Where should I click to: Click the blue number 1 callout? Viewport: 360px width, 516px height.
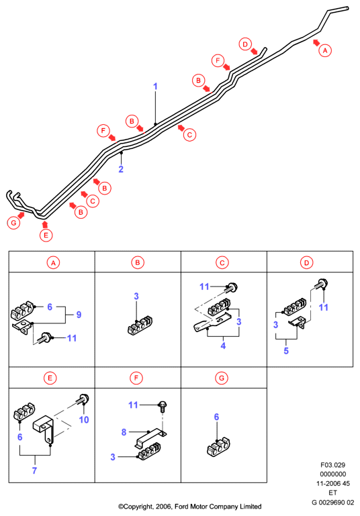[155, 87]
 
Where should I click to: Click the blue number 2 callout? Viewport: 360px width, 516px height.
[121, 169]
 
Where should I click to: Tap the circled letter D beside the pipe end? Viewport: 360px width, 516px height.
[245, 44]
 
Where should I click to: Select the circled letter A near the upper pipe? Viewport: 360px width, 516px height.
[325, 51]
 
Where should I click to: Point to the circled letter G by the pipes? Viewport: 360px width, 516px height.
[13, 223]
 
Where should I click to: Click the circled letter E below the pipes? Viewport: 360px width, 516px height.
[46, 236]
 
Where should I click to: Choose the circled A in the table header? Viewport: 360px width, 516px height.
[53, 263]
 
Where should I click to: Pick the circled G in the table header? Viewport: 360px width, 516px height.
[222, 378]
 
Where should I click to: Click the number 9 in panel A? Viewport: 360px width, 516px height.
[79, 315]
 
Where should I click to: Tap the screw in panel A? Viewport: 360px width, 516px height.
[45, 338]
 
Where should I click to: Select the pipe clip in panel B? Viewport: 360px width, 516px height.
[140, 326]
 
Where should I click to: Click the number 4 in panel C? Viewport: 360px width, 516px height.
[223, 346]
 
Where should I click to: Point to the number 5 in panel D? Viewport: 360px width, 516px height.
[286, 351]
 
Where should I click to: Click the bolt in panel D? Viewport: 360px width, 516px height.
[321, 284]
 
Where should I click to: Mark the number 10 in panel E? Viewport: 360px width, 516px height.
[84, 420]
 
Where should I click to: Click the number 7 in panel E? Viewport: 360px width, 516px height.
[34, 470]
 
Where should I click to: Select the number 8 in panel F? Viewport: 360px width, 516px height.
[124, 432]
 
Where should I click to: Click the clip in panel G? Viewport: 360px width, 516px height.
[218, 447]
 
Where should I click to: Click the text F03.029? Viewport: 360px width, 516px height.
[332, 465]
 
